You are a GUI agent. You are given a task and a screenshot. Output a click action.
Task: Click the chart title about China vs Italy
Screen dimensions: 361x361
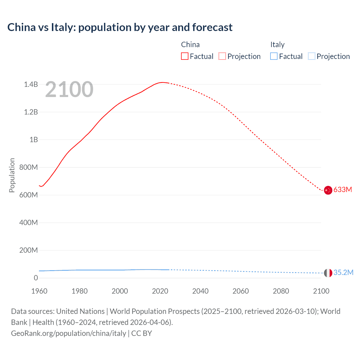[x=120, y=27]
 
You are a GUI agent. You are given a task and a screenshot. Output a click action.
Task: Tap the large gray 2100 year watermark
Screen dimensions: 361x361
[x=69, y=89]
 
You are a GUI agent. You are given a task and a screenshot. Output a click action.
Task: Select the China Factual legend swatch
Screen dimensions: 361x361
[x=184, y=56]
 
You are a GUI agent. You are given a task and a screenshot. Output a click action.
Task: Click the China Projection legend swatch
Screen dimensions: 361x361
[x=222, y=56]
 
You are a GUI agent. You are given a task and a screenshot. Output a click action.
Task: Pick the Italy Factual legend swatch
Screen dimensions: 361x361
[x=274, y=56]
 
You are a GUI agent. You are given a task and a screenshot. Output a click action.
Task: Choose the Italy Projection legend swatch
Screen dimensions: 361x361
[x=311, y=56]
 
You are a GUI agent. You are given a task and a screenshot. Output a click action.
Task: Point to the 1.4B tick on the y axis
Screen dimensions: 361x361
[x=31, y=84]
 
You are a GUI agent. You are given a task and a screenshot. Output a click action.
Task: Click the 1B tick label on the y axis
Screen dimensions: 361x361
[x=34, y=140]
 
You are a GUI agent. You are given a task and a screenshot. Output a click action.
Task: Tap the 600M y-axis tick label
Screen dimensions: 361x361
[x=28, y=195]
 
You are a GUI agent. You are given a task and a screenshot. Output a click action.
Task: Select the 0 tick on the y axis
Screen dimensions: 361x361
[x=36, y=278]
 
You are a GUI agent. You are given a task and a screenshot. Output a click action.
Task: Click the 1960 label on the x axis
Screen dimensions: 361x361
[x=39, y=291]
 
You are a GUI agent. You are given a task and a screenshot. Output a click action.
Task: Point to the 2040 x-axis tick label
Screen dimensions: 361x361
[x=200, y=291]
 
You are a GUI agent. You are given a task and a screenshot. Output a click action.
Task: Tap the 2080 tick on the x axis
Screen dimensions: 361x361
[x=281, y=291]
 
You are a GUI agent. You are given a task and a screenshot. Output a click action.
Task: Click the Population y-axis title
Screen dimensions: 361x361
[x=12, y=175]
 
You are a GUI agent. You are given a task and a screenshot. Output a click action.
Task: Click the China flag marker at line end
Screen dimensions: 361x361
[x=328, y=190]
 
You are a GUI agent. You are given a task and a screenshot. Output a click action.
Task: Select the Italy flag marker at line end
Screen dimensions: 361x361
[x=328, y=273]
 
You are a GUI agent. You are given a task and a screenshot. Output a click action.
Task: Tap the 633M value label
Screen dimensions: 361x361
[x=343, y=190]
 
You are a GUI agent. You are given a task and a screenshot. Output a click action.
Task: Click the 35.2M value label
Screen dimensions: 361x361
[x=343, y=272]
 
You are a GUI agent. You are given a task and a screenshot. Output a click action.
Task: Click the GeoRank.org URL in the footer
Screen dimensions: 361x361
[x=69, y=333]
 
